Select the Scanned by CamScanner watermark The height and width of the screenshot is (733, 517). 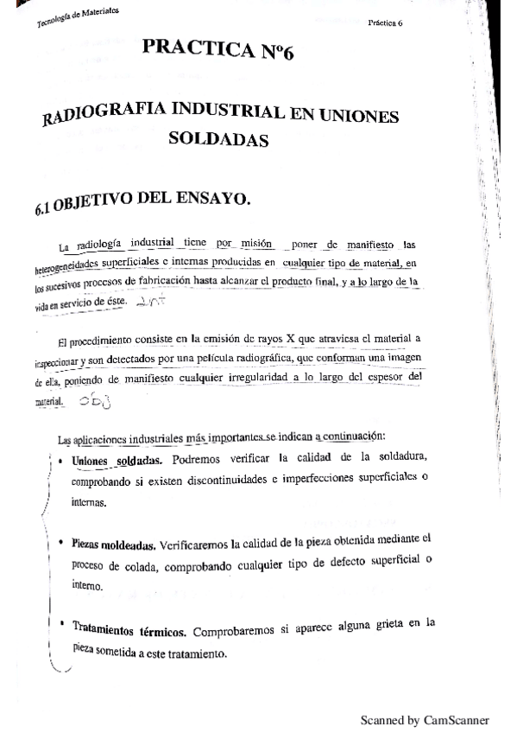point(424,719)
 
